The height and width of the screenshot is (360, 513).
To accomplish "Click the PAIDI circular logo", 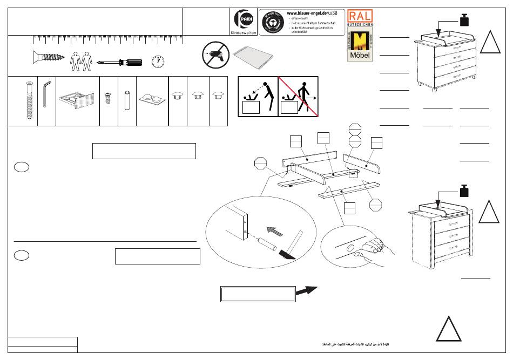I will click(241, 21).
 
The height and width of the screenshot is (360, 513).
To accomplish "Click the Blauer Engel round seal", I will click(272, 22).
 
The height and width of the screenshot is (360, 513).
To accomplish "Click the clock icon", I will click(158, 62).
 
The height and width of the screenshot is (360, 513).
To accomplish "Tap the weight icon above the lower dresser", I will click(464, 191).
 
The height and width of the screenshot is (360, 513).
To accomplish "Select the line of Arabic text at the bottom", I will click(357, 344).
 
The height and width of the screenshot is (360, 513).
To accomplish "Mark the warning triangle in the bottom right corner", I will click(449, 328).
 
